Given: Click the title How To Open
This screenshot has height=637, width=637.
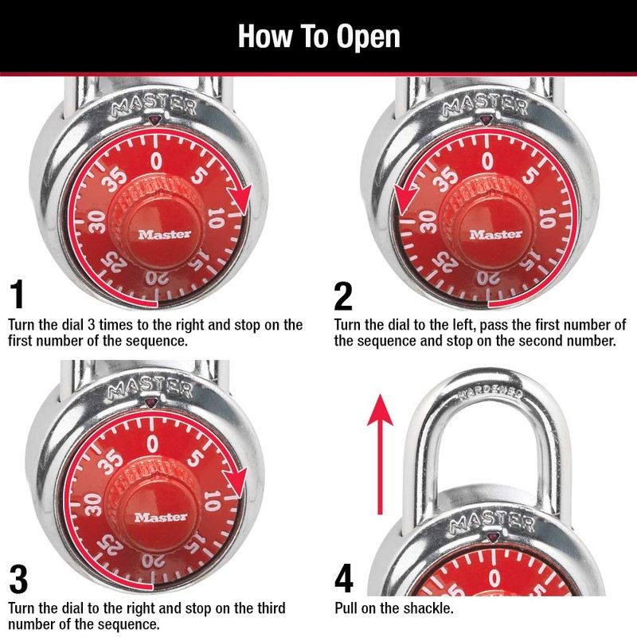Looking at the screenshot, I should pos(318,37).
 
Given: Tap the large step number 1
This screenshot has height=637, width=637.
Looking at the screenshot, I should pos(18,295).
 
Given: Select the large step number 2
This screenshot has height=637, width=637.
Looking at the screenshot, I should pos(343,295).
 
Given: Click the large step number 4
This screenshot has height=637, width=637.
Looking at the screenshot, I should pos(344,579).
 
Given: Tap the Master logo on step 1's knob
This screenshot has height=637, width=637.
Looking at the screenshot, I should pos(164,234).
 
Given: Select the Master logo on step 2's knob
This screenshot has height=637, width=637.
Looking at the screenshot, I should pos(495,234).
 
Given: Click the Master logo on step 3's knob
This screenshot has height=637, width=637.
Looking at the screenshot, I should pos(161,517).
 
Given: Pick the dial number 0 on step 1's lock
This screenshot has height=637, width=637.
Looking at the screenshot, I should pos(156,161).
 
